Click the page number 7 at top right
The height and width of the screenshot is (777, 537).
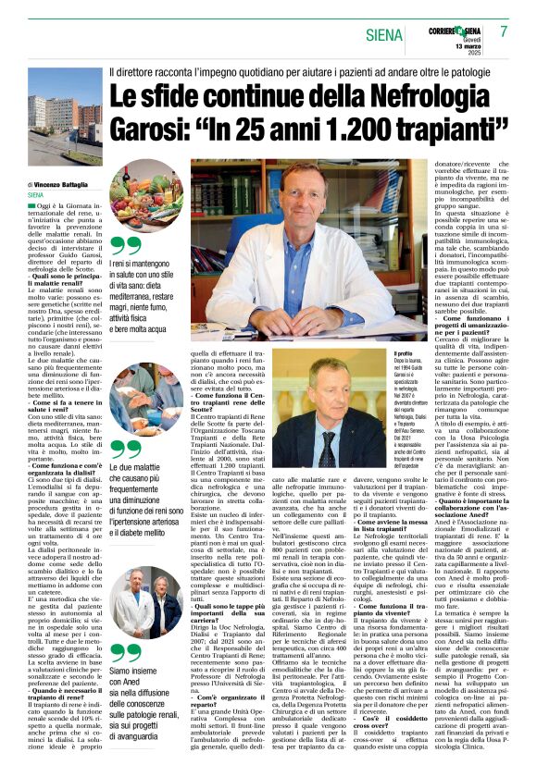[x=504, y=31]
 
